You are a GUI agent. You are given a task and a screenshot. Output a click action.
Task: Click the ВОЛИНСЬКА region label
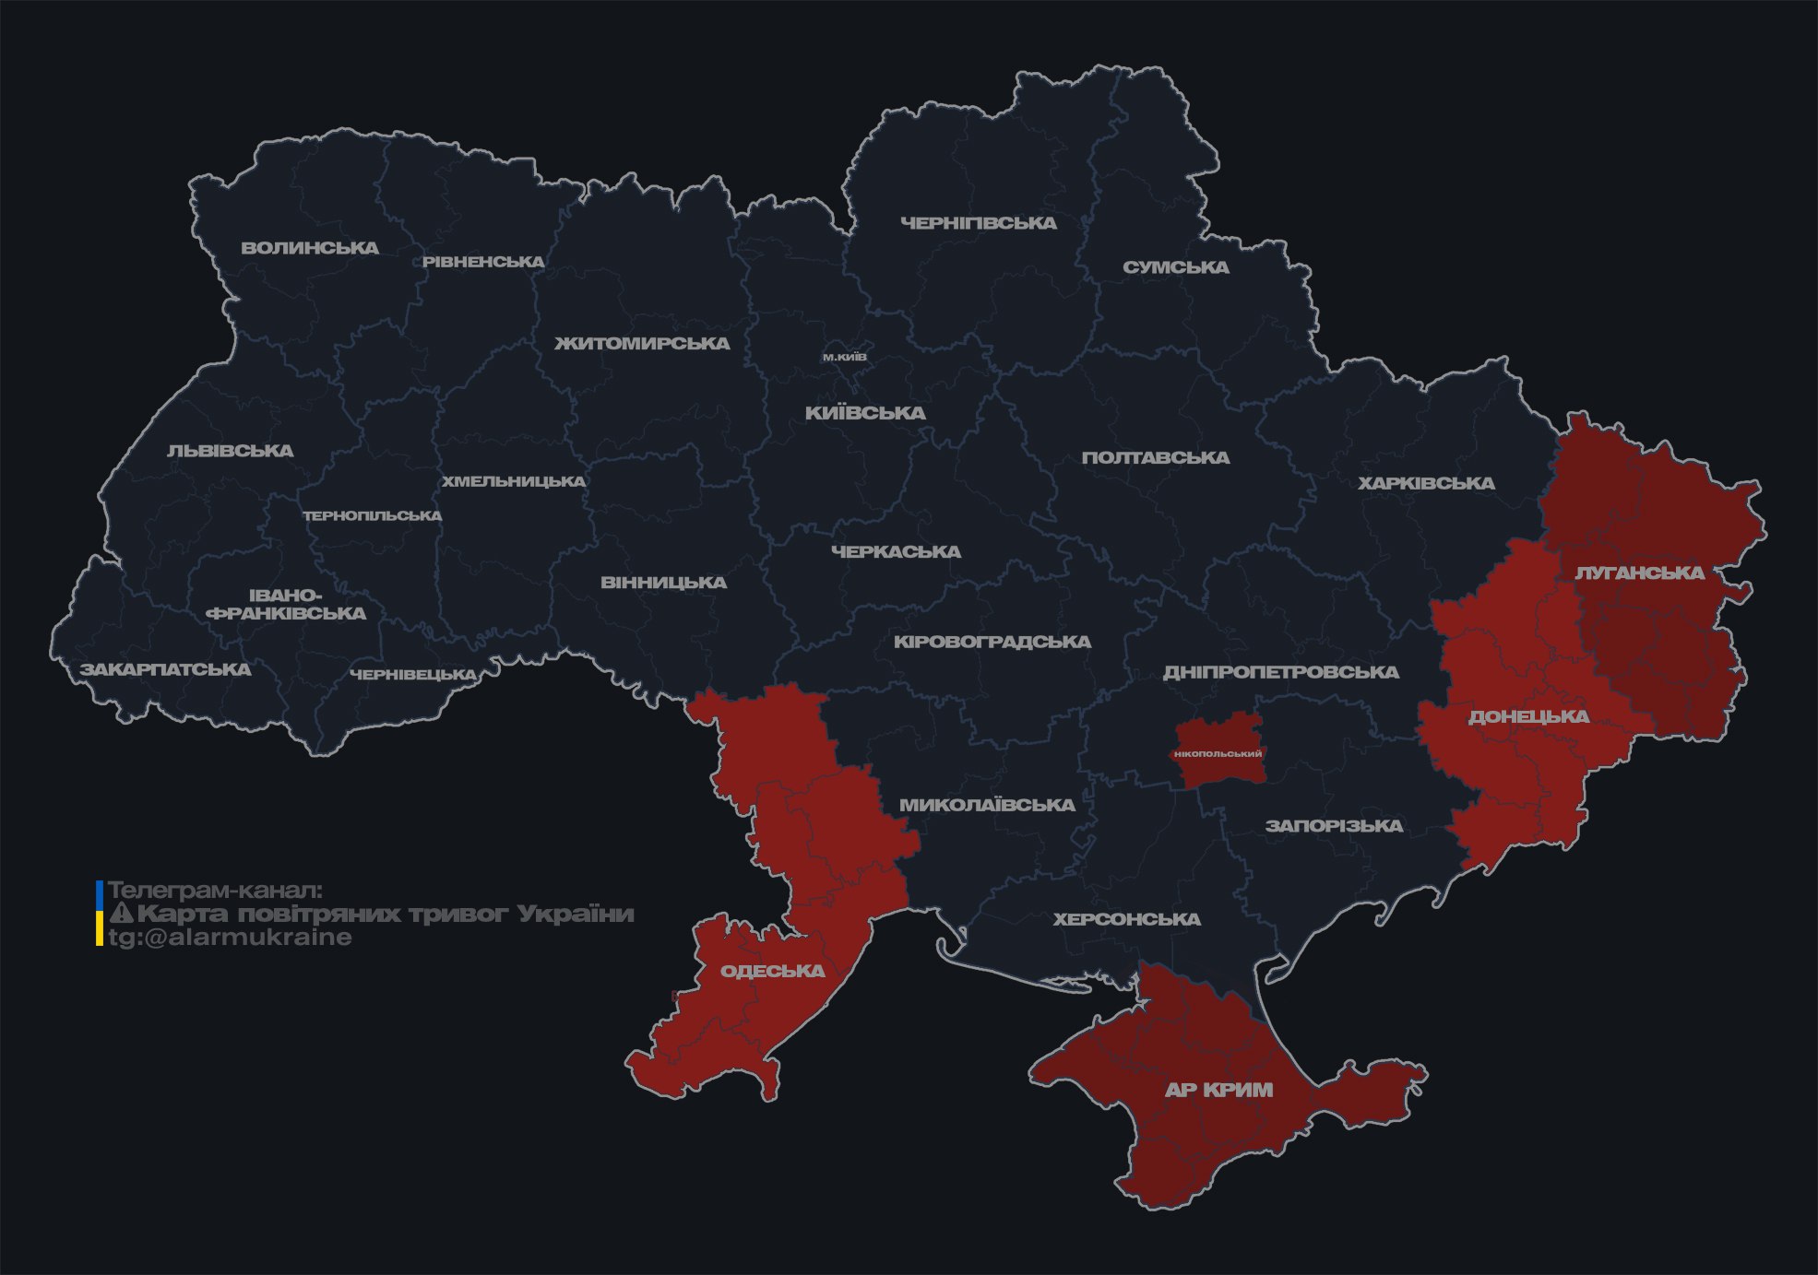[310, 248]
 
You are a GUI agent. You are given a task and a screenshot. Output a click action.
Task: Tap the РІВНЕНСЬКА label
[483, 262]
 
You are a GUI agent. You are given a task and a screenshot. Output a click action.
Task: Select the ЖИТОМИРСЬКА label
[642, 344]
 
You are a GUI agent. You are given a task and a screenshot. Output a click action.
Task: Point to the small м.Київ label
[845, 357]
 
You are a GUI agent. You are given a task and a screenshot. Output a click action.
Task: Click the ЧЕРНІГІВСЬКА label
[979, 223]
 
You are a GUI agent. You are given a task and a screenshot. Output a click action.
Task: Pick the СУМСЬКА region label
[1176, 267]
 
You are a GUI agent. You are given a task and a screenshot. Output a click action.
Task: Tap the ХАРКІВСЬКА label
[1426, 483]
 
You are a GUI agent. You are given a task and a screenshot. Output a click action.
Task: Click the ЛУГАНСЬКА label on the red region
[1639, 573]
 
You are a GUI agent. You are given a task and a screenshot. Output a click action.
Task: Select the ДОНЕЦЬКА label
[1528, 716]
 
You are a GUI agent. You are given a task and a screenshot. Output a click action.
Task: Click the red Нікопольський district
[1218, 753]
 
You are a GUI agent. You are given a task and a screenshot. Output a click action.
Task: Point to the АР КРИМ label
[1218, 1090]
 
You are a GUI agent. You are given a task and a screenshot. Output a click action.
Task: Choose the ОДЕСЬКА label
[772, 971]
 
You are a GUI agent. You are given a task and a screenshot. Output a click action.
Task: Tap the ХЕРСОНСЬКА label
[1127, 919]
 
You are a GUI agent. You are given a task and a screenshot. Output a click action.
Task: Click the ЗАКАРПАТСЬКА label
[165, 669]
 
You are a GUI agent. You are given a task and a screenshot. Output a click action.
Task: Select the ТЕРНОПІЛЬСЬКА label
[373, 515]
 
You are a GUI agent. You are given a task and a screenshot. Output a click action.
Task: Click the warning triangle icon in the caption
[121, 915]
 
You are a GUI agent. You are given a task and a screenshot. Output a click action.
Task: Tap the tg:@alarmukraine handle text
[230, 938]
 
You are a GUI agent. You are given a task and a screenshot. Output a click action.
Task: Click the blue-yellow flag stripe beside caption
[100, 914]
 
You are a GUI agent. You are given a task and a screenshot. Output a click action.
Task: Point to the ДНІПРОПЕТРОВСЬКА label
[1280, 672]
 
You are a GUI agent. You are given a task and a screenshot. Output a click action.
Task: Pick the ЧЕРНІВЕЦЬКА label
[413, 675]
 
